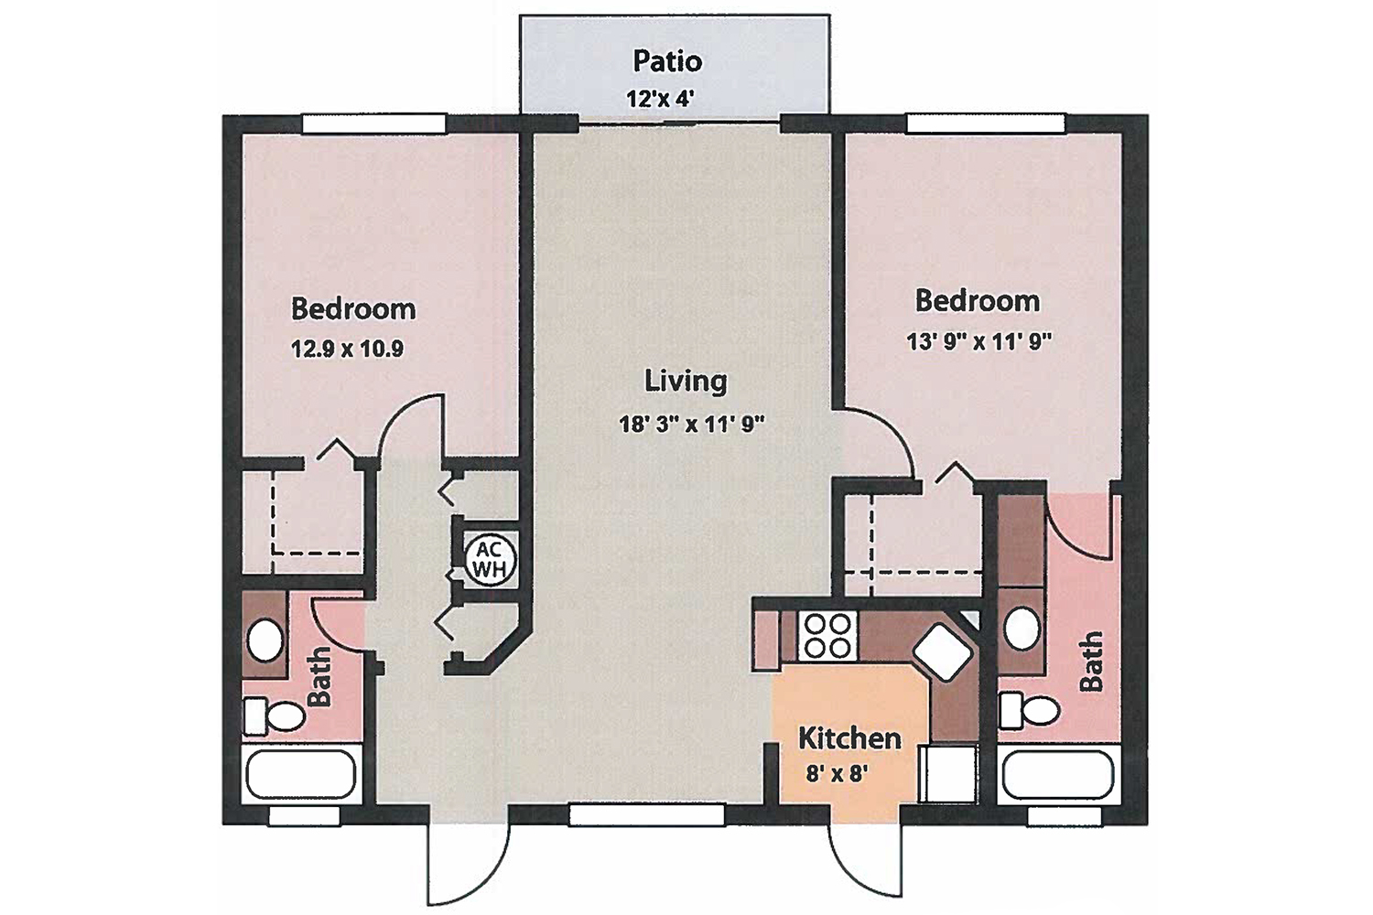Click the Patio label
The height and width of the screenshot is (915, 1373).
pos(667,61)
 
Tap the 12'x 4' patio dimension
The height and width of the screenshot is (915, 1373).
pos(660,99)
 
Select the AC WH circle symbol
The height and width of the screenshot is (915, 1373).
pos(489,560)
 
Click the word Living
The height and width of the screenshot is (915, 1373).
pos(686,381)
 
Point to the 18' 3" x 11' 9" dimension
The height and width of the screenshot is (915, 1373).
pos(691,424)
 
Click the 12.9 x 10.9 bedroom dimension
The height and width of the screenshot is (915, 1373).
pos(347,349)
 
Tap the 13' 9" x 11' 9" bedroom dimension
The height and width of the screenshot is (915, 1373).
pos(978,341)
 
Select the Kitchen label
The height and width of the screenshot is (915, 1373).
pos(849,737)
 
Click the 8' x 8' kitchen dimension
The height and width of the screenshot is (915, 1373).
pos(837,773)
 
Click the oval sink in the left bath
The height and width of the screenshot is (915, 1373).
pos(265,640)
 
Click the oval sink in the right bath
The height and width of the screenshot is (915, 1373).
pos(1022,629)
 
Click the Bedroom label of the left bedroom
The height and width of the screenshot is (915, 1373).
pos(352,308)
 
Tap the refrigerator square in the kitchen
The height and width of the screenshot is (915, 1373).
pos(952,774)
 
